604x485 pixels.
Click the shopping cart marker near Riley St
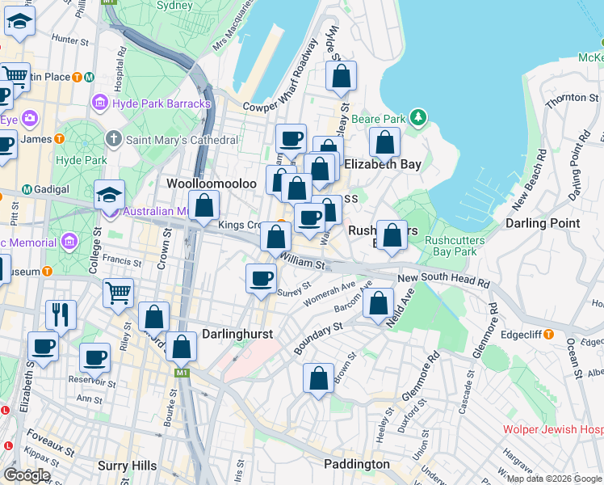tap(118, 293)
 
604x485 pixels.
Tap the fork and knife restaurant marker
tap(61, 314)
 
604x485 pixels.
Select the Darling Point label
tap(542, 223)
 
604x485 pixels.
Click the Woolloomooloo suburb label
tap(211, 183)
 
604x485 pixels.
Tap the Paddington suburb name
tap(356, 464)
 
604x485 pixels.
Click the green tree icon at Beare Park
tap(417, 118)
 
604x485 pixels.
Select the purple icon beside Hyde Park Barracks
tap(100, 103)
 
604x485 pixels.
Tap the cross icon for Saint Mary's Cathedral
tap(114, 140)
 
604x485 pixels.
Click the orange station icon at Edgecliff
tap(549, 334)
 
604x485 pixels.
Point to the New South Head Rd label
tap(443, 279)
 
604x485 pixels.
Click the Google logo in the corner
tap(27, 475)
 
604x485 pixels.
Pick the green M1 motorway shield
tap(182, 373)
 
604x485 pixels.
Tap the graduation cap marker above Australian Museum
tap(109, 195)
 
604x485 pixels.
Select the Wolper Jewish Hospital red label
tap(553, 430)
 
